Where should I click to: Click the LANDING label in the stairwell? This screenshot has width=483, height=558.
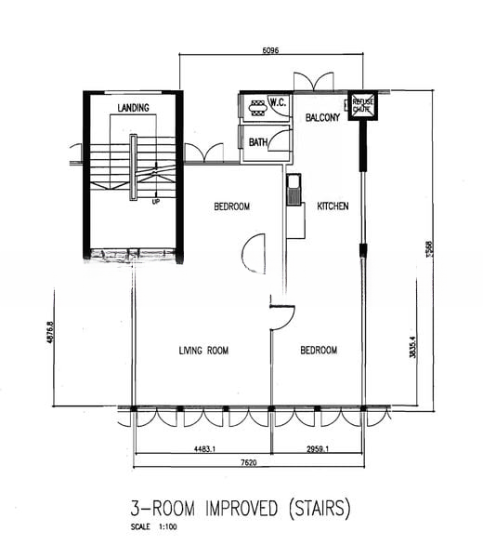click(x=134, y=108)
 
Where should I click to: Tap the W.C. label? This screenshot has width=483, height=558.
click(x=277, y=102)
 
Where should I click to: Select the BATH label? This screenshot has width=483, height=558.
click(x=258, y=142)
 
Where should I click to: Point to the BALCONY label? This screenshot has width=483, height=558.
click(x=322, y=118)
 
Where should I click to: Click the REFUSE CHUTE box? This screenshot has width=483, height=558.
click(x=360, y=106)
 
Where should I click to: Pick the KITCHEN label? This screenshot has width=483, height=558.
click(x=333, y=206)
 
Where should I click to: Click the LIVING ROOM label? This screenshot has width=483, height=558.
click(x=203, y=351)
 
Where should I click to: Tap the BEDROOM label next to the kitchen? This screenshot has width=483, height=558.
click(x=231, y=206)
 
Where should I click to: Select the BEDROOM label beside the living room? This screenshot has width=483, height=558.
click(x=319, y=351)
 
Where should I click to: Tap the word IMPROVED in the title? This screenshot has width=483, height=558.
click(x=239, y=509)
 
